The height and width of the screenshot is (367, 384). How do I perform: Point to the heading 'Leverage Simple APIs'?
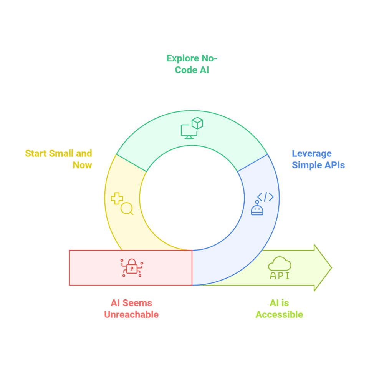pyautogui.click(x=318, y=159)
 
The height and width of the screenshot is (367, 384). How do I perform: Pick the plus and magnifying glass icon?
pyautogui.click(x=122, y=204)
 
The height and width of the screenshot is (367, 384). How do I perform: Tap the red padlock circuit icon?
pyautogui.click(x=131, y=267)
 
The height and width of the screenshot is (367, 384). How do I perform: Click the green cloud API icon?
pyautogui.click(x=280, y=268)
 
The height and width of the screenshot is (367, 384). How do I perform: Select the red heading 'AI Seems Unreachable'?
pyautogui.click(x=131, y=309)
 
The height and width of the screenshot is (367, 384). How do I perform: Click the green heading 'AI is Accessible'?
pyautogui.click(x=279, y=309)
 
